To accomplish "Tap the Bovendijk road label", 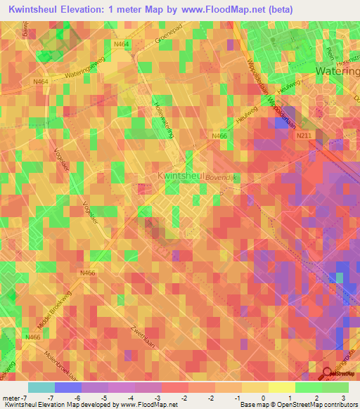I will [223, 178].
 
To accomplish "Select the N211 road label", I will [304, 135].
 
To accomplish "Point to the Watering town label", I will [337, 72].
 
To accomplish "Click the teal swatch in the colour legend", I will [41, 387].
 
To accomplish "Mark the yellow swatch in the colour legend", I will [281, 387].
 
